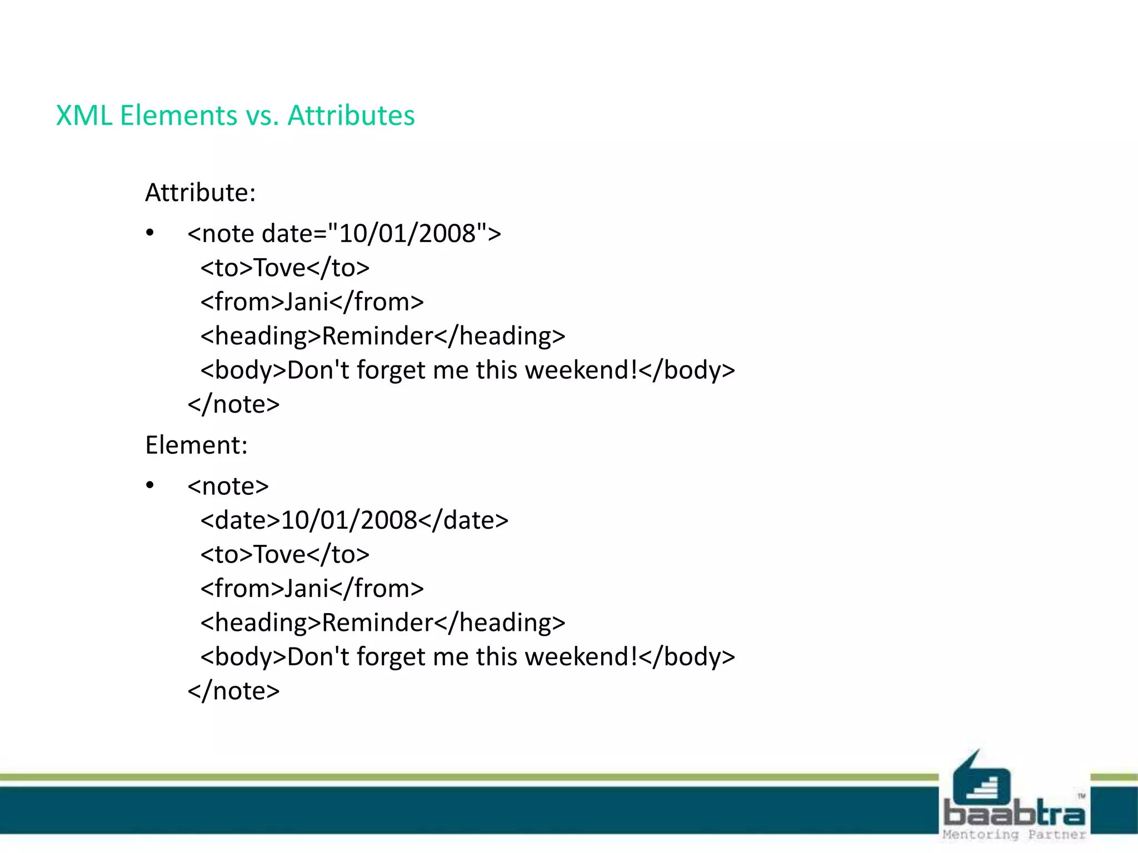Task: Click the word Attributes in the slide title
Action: (351, 116)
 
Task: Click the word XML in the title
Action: (84, 116)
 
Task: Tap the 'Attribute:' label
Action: (200, 193)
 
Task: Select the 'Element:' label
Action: (196, 445)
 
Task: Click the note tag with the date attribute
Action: (344, 234)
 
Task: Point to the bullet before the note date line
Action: (150, 233)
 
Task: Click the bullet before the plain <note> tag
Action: (150, 486)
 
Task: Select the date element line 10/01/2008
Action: (354, 520)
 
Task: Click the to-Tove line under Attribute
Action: (284, 268)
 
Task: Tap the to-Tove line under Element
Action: (284, 554)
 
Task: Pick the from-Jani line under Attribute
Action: (312, 302)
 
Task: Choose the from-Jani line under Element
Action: (312, 589)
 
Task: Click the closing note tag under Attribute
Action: (233, 404)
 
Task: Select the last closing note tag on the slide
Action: (233, 691)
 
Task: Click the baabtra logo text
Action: (1014, 814)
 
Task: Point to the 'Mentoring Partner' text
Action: (1014, 835)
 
